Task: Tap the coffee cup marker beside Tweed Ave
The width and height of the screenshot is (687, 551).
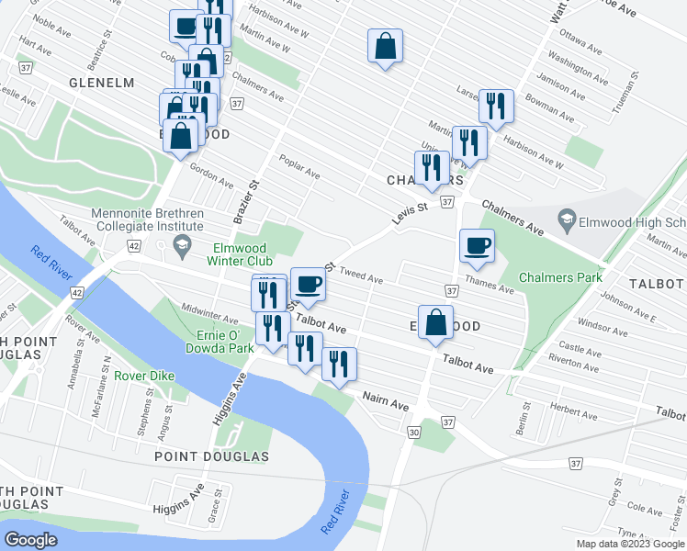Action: click(x=309, y=285)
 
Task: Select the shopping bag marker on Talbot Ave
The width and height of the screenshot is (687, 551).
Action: click(x=437, y=323)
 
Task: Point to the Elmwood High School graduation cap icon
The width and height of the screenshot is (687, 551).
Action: click(x=567, y=220)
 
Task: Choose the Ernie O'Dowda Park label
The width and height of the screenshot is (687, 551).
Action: click(x=224, y=342)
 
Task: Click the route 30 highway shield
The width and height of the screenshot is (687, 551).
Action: click(x=414, y=433)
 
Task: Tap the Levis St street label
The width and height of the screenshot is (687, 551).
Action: click(x=411, y=209)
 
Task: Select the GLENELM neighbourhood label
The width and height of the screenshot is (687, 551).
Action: click(x=101, y=83)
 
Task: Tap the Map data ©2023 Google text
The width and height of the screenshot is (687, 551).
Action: click(x=629, y=544)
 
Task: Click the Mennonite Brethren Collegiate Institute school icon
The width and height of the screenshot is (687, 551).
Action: click(x=182, y=245)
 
